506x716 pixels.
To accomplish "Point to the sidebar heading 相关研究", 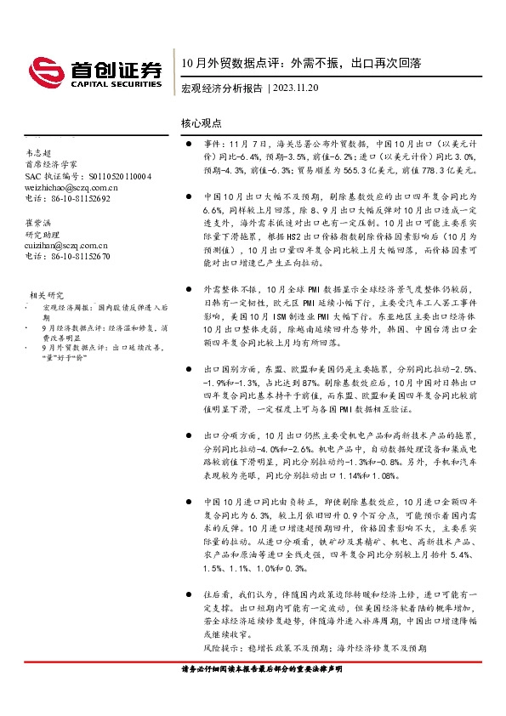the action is click(x=44, y=293).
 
